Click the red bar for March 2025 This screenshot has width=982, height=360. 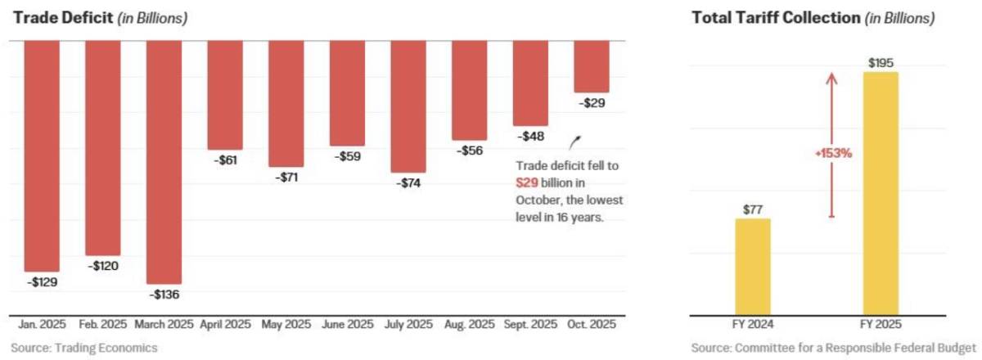point(164,162)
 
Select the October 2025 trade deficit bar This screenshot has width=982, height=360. point(592,66)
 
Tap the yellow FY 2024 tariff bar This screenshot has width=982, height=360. point(753,267)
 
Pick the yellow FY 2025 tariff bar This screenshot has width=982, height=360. point(881,194)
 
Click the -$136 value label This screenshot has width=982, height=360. point(164,295)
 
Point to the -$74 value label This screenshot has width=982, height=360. point(408,182)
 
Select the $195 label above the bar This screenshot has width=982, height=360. point(881,63)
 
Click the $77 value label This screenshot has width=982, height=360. point(753,210)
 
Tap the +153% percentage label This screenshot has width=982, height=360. point(833,154)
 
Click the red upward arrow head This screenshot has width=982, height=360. point(831,78)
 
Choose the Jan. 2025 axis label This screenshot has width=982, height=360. point(42,325)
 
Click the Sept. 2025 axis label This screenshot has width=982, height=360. point(530,325)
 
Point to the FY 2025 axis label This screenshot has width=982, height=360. point(881,325)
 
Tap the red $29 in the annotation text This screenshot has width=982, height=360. point(526,182)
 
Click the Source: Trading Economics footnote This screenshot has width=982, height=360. point(84,349)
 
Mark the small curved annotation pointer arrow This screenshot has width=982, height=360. point(574,143)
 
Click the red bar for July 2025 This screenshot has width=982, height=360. point(408,106)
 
